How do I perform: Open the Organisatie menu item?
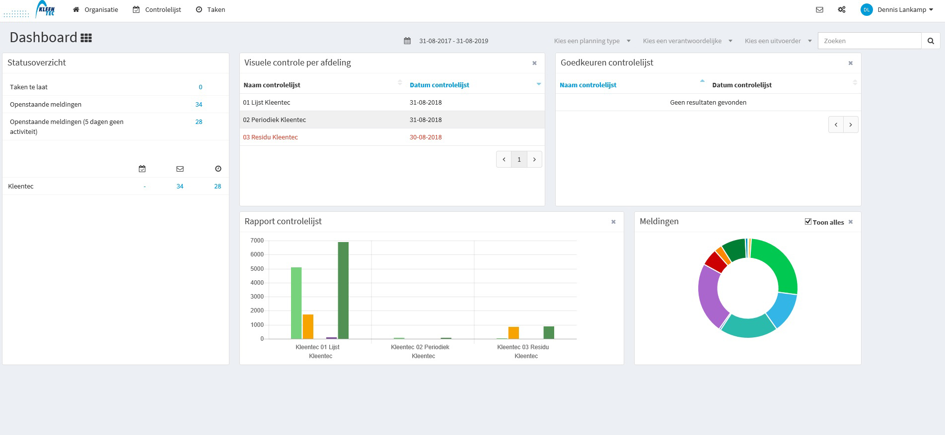coord(95,9)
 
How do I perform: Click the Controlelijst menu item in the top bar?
coord(157,9)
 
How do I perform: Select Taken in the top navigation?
coord(211,9)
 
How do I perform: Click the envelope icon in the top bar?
coord(819,9)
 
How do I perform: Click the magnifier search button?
coord(931,41)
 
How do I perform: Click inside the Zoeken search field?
coord(870,41)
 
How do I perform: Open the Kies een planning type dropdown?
coord(592,41)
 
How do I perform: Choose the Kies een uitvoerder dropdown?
coord(778,41)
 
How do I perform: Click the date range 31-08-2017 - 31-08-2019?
coord(453,41)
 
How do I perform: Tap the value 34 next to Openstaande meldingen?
coord(199,104)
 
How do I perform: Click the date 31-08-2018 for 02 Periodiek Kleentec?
coord(426,120)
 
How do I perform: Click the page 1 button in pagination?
coord(519,159)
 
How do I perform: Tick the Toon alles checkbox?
coord(808,222)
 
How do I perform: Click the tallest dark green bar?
coord(343,290)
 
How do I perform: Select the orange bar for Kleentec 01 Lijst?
coord(308,326)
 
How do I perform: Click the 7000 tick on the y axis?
coord(257,241)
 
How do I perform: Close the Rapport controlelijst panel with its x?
coord(613,222)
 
